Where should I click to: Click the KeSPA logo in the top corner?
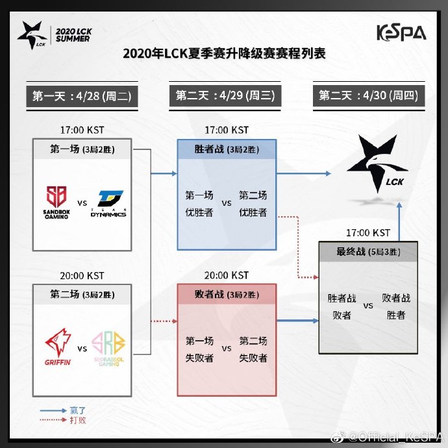coord(401,33)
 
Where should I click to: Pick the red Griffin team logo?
coord(57,347)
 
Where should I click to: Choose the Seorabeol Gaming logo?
coord(108,348)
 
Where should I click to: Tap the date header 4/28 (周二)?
coord(82,96)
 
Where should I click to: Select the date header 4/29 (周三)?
coord(225,96)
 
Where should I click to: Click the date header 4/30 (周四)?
coord(368,96)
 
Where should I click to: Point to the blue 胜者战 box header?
coord(227,149)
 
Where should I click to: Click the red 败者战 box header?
coord(227,293)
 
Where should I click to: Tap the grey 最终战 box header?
coord(368,252)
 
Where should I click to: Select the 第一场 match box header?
coord(82,149)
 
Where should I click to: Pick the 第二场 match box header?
coord(82,293)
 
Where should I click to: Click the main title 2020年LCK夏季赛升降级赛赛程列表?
coord(224,54)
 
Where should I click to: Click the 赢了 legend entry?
coord(78,410)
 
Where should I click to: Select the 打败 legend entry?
coord(78,420)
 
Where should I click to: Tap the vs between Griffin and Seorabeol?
coord(82,349)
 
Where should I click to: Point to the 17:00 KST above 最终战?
coord(368,232)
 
